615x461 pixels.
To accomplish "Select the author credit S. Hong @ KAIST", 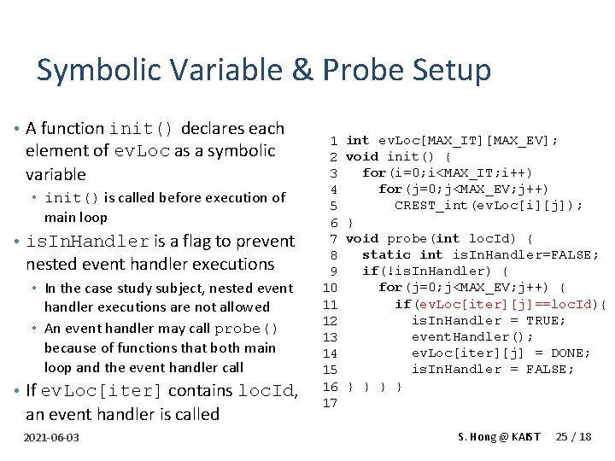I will pyautogui.click(x=499, y=437).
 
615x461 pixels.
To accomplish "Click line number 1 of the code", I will pyautogui.click(x=334, y=140).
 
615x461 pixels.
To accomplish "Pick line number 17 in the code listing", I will pyautogui.click(x=331, y=403).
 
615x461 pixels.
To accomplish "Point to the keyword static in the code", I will pyautogui.click(x=387, y=255).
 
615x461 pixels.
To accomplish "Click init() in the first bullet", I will pyautogui.click(x=142, y=129).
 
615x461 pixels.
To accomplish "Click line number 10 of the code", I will pyautogui.click(x=331, y=288).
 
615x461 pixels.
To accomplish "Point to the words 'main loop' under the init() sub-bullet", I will pyautogui.click(x=76, y=218).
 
